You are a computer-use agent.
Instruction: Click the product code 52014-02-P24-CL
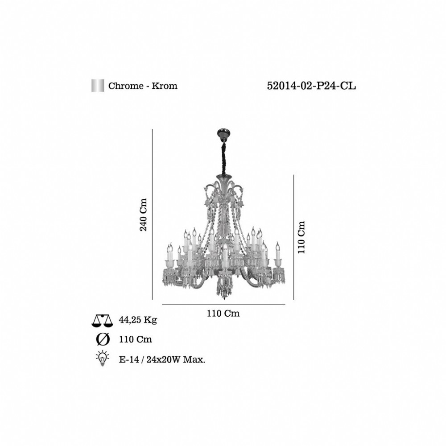coord(311,86)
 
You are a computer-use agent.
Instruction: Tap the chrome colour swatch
coord(98,86)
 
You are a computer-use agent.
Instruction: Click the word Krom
coord(165,86)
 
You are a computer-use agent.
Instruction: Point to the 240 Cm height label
coord(144,215)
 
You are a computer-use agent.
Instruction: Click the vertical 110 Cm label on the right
coord(301,237)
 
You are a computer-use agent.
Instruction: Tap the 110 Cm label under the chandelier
coord(223,314)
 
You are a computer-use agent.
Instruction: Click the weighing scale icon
coord(103,321)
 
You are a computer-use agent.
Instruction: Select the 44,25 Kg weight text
coord(138,320)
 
